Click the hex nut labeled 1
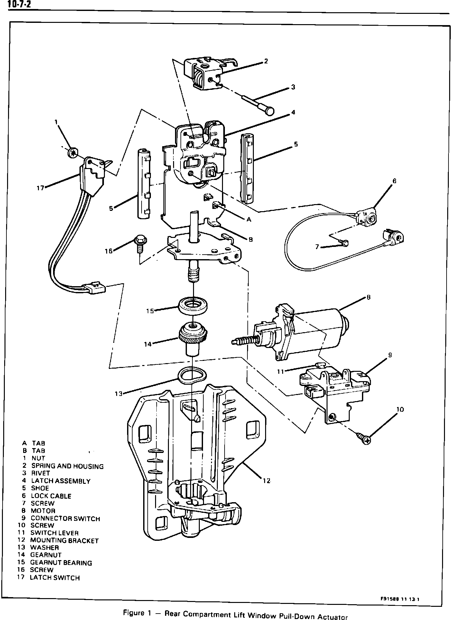[x=73, y=152]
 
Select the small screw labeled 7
[x=344, y=244]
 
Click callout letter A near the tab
[x=249, y=220]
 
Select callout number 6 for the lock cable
[x=394, y=181]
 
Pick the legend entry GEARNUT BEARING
[x=61, y=563]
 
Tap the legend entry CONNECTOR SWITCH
[x=65, y=519]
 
